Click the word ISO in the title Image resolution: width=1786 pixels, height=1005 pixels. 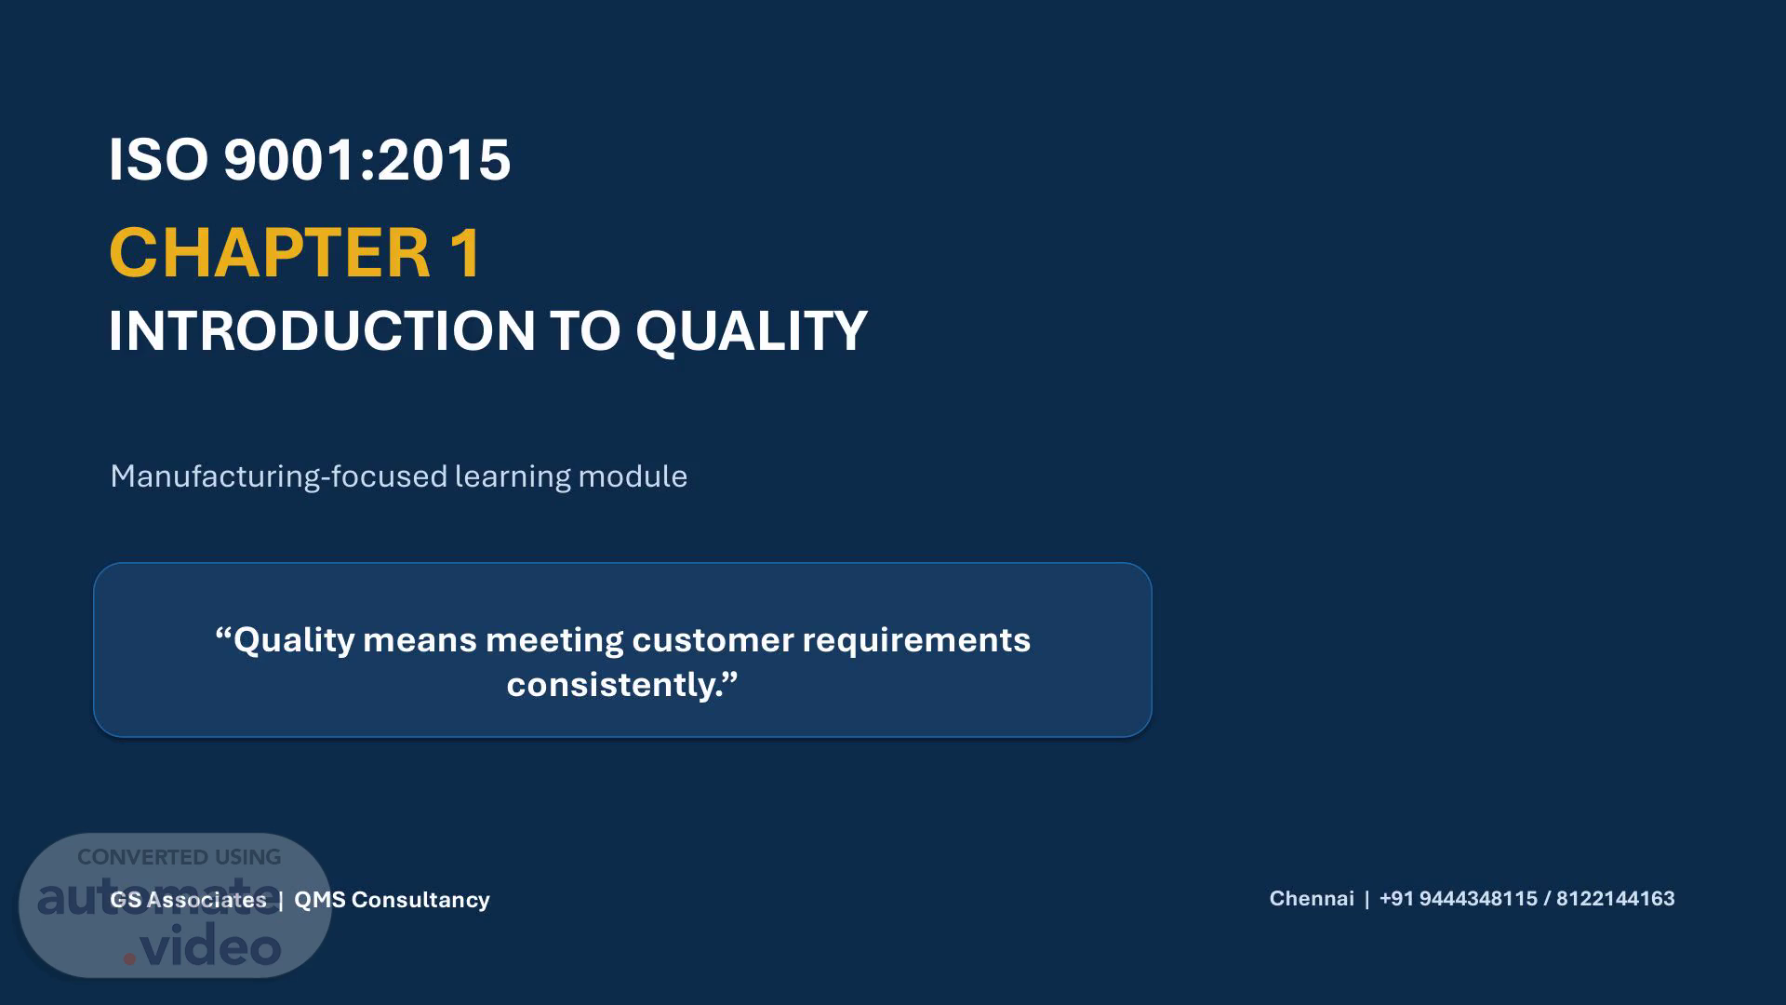[x=158, y=159]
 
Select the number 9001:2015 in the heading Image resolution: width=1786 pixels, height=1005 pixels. [x=367, y=159]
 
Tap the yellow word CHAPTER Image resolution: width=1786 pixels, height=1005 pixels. [x=270, y=252]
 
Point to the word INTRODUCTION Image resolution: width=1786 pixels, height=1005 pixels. [x=322, y=330]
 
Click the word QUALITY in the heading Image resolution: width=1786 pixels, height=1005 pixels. [x=752, y=332]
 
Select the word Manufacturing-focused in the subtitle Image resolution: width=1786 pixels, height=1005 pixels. [x=279, y=476]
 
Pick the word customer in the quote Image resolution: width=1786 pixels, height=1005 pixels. [x=713, y=640]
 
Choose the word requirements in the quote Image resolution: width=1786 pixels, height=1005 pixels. [x=916, y=641]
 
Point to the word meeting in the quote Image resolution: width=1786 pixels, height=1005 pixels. [x=554, y=641]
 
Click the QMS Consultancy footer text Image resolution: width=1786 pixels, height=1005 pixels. [x=392, y=900]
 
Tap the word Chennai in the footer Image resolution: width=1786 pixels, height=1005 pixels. [x=1312, y=899]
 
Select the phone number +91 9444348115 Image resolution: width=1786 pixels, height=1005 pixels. [x=1459, y=899]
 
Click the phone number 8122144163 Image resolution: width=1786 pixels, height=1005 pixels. [x=1616, y=899]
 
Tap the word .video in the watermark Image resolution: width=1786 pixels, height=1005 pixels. [x=202, y=946]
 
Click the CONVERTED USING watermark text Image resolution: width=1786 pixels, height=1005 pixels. [x=179, y=857]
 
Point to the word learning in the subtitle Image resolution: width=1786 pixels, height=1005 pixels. [x=513, y=476]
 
